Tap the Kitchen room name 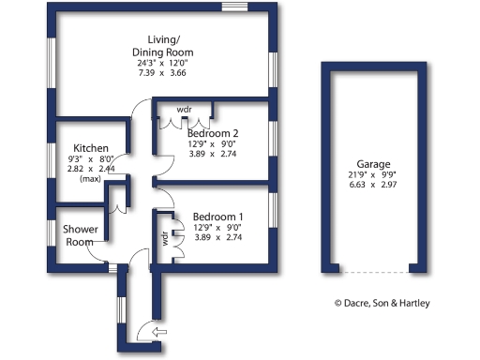tap(92, 148)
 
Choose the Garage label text tap(373, 162)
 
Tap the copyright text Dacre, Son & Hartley tap(396, 303)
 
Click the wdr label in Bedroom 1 tap(165, 239)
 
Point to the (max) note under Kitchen tap(90, 178)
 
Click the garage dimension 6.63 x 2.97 tap(373, 186)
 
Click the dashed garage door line tap(373, 273)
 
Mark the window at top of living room tap(233, 7)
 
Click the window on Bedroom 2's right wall tap(273, 136)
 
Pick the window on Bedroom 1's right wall tap(273, 208)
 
